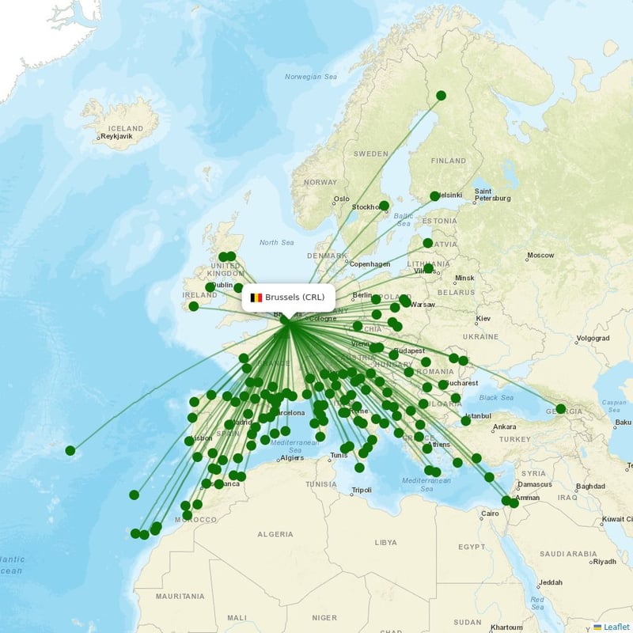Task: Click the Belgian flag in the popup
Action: [256, 298]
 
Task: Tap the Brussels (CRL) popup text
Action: [295, 298]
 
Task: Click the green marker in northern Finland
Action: [441, 96]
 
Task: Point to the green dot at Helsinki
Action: [434, 196]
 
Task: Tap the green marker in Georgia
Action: [561, 409]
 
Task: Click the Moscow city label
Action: [541, 256]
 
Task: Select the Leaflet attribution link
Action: [616, 627]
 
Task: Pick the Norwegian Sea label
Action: [311, 77]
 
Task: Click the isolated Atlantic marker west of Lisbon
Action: [70, 451]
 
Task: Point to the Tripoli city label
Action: [362, 491]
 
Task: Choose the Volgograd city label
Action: [593, 338]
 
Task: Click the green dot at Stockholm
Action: [384, 206]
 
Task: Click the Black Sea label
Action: [496, 397]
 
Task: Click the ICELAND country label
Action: [126, 128]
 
